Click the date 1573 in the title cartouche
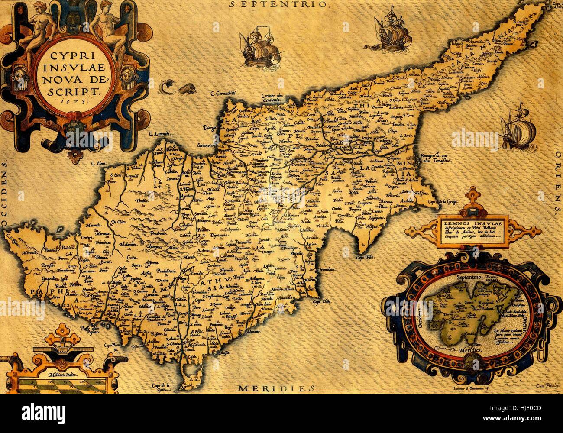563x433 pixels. tap(74, 99)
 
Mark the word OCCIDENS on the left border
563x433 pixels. tap(5, 194)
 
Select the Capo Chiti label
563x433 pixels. tap(323, 301)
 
